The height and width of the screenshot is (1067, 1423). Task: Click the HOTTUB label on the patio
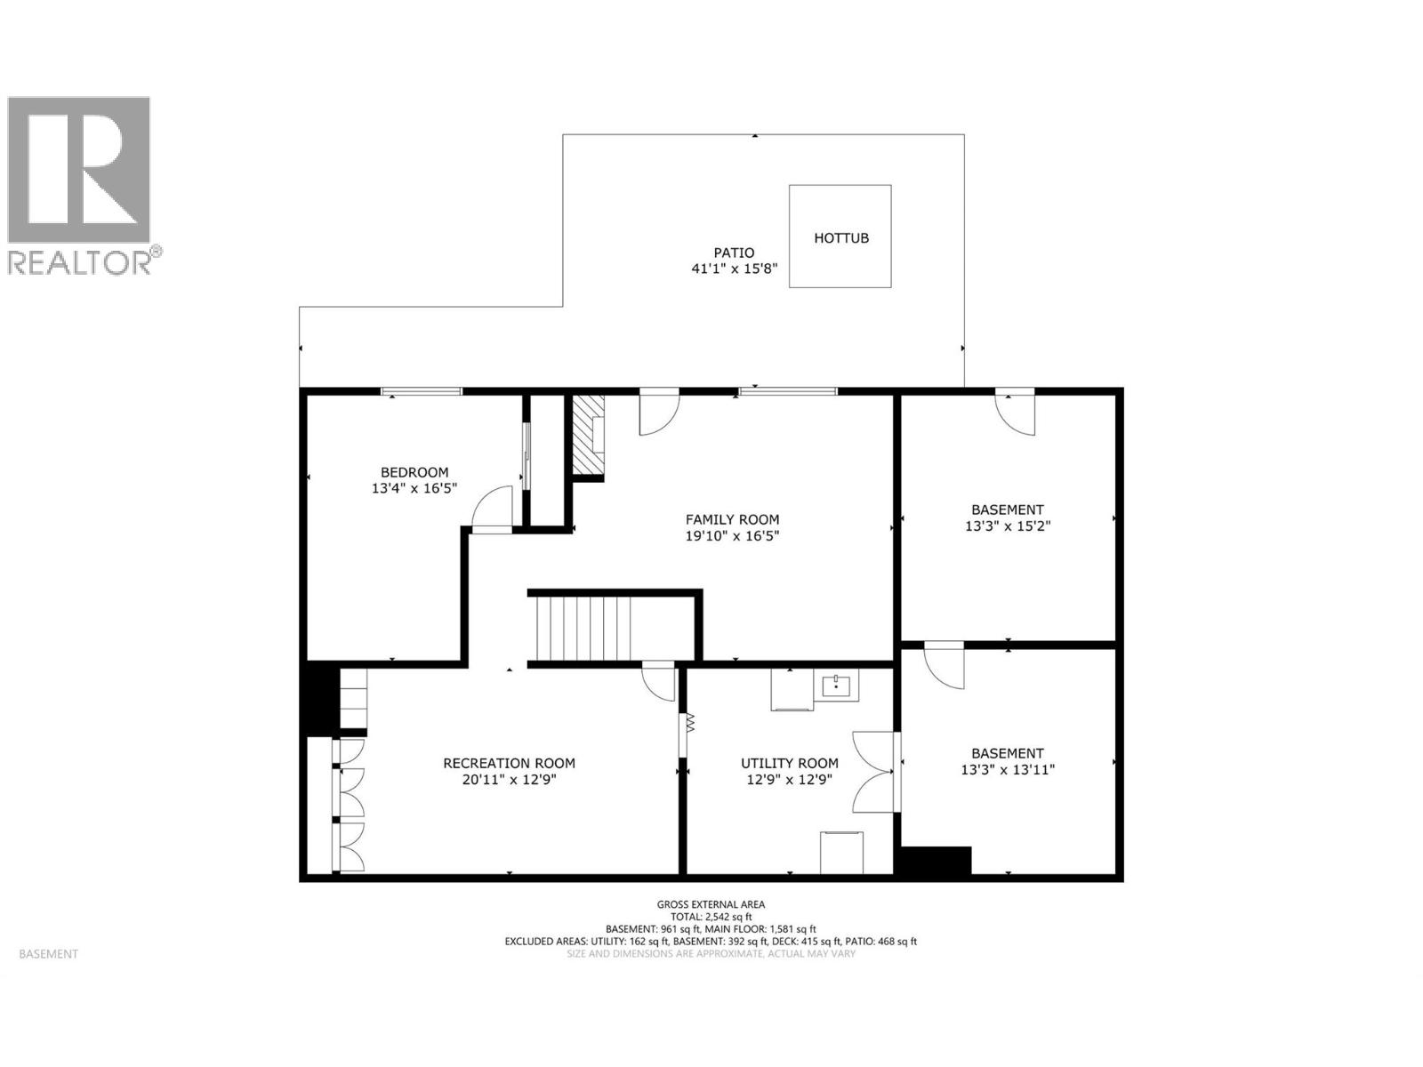click(x=840, y=238)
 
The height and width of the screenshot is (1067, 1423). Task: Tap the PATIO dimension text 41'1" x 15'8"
click(x=735, y=269)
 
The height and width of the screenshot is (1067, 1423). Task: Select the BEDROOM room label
click(x=414, y=472)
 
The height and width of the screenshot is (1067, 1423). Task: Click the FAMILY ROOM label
click(x=732, y=519)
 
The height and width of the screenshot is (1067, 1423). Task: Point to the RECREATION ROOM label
click(x=509, y=763)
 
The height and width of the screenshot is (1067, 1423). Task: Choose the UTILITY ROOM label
click(x=789, y=763)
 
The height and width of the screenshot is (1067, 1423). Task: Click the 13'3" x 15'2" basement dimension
click(x=1007, y=526)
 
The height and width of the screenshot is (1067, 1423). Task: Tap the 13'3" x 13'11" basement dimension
click(x=1007, y=770)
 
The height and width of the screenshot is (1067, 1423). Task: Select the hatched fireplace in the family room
click(x=587, y=437)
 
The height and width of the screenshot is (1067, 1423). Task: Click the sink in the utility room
click(x=836, y=687)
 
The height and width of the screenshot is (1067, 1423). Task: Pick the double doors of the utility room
click(x=874, y=772)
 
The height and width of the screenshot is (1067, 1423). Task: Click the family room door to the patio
click(x=659, y=411)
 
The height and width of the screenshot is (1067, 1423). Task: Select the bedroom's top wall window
click(x=422, y=391)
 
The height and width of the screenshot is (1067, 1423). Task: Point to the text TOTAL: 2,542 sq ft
click(x=711, y=916)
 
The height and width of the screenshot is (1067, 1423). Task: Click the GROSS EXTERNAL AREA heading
click(x=711, y=904)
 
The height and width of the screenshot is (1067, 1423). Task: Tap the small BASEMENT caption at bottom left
click(x=48, y=954)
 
